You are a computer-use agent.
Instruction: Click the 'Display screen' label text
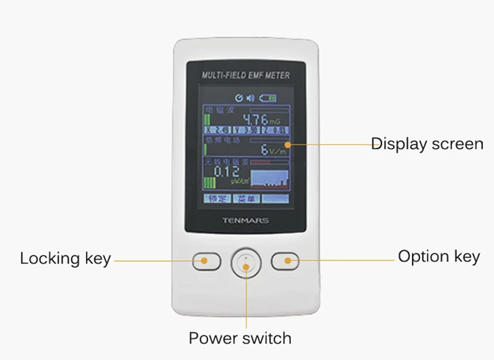pos(427,144)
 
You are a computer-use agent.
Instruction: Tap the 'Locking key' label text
pos(65,258)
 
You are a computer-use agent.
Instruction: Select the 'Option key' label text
pos(438,256)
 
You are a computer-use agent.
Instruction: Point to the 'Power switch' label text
pos(240,338)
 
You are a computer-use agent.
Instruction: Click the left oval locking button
pos(206,261)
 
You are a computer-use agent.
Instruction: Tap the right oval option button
pos(285,261)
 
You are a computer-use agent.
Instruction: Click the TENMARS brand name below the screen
pos(245,220)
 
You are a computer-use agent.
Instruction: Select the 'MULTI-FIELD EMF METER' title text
pos(246,75)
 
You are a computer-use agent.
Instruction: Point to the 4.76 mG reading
pos(259,119)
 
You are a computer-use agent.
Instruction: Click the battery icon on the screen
pos(268,98)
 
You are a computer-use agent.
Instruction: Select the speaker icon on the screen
pos(250,98)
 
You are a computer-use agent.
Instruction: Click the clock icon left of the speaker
pos(240,98)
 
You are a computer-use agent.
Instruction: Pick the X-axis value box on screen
pos(218,130)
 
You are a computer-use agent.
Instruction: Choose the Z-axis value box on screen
pos(275,130)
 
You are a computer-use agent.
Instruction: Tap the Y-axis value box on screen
pos(246,130)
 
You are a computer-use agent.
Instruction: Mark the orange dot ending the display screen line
pos(288,144)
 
